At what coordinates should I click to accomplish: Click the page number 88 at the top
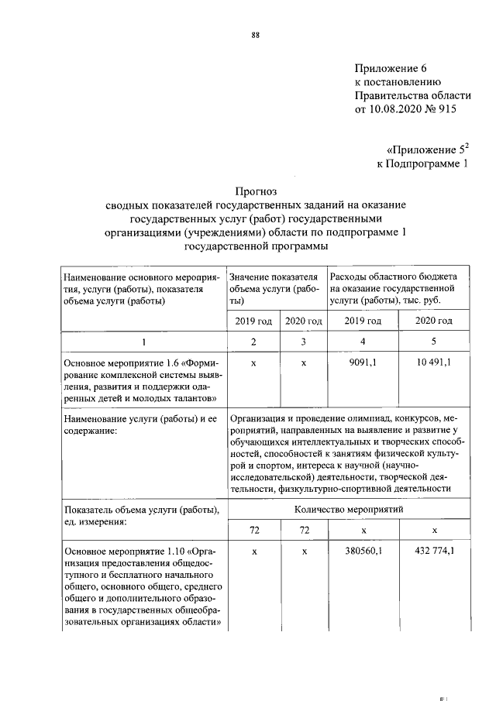point(254,35)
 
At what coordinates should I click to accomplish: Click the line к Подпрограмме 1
point(422,163)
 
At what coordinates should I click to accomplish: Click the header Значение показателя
point(274,277)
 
